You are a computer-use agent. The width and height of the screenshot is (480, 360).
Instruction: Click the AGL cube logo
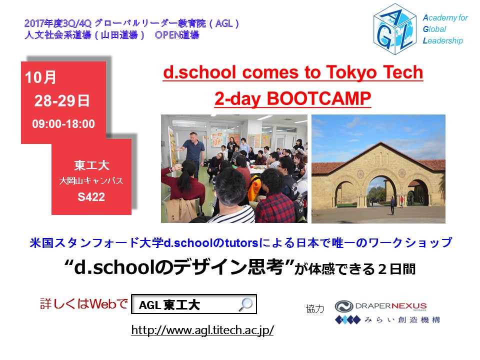pyautogui.click(x=395, y=29)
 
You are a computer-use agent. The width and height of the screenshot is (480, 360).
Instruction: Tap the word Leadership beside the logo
pyautogui.click(x=442, y=40)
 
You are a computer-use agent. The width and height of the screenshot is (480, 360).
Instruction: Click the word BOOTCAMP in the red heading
pyautogui.click(x=319, y=98)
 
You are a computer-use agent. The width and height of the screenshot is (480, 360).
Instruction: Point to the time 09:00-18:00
pyautogui.click(x=63, y=124)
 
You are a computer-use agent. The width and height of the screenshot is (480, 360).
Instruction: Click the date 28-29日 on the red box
pyautogui.click(x=62, y=100)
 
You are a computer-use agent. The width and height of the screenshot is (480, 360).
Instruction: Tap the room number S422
pyautogui.click(x=91, y=197)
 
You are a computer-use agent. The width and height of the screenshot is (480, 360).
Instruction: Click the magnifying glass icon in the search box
pyautogui.click(x=246, y=304)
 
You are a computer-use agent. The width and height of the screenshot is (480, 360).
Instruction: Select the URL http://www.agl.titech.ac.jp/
pyautogui.click(x=202, y=330)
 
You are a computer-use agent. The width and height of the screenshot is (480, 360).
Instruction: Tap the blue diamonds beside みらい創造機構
pyautogui.click(x=348, y=320)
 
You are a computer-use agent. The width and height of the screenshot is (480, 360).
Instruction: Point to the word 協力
pyautogui.click(x=314, y=309)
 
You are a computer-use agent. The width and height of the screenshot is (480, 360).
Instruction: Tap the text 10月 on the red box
pyautogui.click(x=40, y=77)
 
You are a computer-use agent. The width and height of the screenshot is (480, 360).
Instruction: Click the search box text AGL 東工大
pyautogui.click(x=169, y=305)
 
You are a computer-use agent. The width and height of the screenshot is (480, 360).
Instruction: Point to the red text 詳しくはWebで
pyautogui.click(x=84, y=303)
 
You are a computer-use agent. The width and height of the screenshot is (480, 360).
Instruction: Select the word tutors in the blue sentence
pyautogui.click(x=242, y=243)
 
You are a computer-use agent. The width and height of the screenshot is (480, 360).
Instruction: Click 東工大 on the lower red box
pyautogui.click(x=91, y=165)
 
